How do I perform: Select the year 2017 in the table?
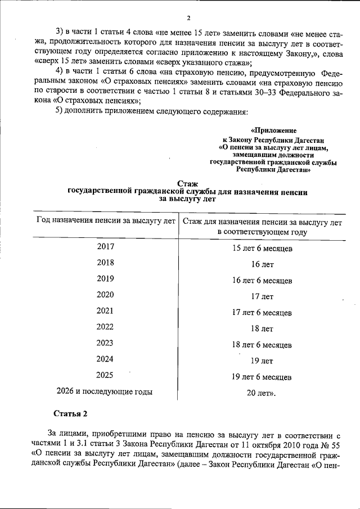pos(105,246)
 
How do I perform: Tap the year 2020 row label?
pos(105,294)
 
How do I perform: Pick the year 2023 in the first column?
pos(105,343)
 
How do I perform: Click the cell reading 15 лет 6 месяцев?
pos(262,248)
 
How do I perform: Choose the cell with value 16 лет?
pos(262,264)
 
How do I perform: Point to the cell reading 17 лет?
pos(262,296)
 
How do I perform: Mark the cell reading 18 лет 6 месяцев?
pos(262,344)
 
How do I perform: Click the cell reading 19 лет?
pos(262,361)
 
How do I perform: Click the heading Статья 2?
pos(70,415)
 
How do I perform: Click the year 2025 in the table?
pos(105,375)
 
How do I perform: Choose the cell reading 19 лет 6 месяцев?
pos(262,377)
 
